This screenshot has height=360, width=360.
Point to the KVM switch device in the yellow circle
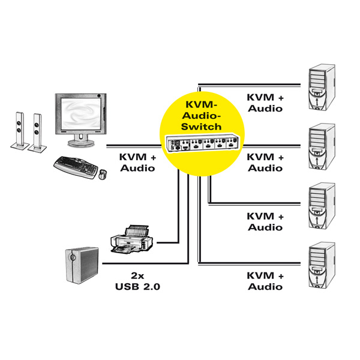[201, 144]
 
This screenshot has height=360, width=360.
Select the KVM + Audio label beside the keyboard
[138, 163]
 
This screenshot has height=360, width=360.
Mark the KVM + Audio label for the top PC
[265, 103]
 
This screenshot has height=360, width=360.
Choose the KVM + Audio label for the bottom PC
[265, 281]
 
